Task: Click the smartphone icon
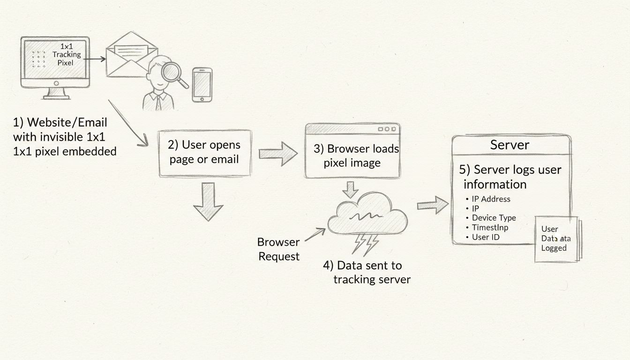point(202,84)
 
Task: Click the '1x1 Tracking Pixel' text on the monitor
point(67,54)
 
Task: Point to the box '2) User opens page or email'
point(205,153)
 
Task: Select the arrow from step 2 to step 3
point(278,153)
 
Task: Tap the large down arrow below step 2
point(208,202)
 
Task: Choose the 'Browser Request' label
point(278,249)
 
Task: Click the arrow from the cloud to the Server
point(433,205)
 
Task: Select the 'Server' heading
point(510,145)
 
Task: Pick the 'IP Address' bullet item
point(491,199)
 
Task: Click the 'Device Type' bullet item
point(494,218)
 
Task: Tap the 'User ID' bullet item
point(485,237)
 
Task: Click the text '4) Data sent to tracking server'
point(367,272)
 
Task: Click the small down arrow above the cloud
point(350,189)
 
